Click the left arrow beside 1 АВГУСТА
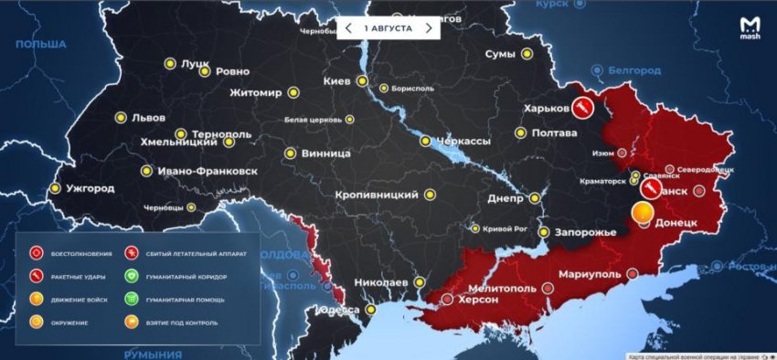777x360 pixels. coord(348,28)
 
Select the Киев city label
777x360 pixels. coord(337,81)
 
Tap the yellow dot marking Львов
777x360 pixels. coord(120,117)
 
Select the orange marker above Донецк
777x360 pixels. coord(643,214)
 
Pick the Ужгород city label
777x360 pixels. coord(89,188)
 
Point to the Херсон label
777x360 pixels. coord(480,300)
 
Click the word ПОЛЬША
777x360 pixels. coord(41,44)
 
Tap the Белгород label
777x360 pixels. coord(636,69)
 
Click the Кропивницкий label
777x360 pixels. coord(377,195)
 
